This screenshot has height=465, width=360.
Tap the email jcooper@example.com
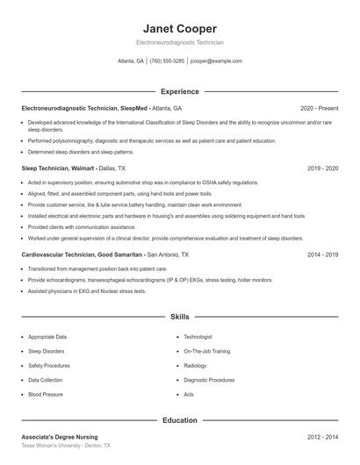(x=215, y=61)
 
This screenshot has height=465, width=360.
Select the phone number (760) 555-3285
(x=167, y=61)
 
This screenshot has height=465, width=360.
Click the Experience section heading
(x=179, y=91)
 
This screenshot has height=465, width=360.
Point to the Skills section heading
(x=179, y=316)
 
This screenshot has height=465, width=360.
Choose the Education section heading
(x=179, y=420)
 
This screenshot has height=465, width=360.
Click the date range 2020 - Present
(x=319, y=108)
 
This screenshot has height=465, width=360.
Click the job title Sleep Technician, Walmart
(x=58, y=167)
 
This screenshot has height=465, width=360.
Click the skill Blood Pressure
(x=46, y=395)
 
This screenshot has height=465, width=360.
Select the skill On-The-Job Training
(x=207, y=351)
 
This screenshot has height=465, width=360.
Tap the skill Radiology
(x=195, y=366)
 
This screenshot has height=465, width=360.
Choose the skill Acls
(x=189, y=395)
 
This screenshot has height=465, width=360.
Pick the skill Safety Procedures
(x=49, y=366)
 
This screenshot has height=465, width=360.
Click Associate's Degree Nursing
(x=60, y=436)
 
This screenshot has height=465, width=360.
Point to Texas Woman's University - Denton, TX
(x=66, y=446)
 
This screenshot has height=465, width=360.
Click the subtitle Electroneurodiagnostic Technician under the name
(x=179, y=42)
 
